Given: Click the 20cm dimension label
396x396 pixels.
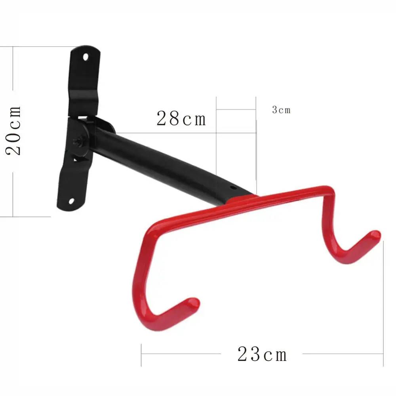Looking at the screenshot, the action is pos(13,130).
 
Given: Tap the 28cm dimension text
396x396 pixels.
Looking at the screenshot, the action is pos(181,118).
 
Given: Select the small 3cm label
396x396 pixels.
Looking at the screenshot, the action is pos(281,110).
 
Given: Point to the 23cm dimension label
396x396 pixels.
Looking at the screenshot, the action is pos(262,354).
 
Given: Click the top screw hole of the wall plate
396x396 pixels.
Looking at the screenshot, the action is pos(86,57).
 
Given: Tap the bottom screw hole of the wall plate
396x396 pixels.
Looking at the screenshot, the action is pos(71,201).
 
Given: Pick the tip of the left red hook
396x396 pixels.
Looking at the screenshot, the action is pos(194,303).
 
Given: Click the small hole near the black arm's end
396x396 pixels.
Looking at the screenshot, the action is pos(233,188).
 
